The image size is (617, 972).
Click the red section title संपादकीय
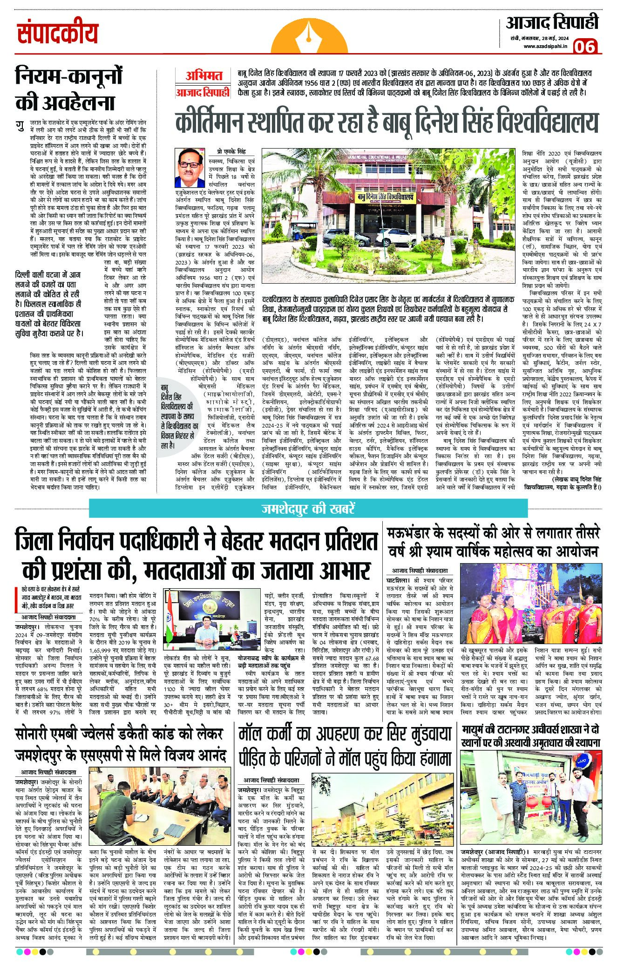[x=59, y=34]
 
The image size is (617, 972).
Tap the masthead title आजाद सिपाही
[x=551, y=23]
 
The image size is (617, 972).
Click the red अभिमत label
[x=202, y=74]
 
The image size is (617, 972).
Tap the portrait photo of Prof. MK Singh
[x=191, y=167]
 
